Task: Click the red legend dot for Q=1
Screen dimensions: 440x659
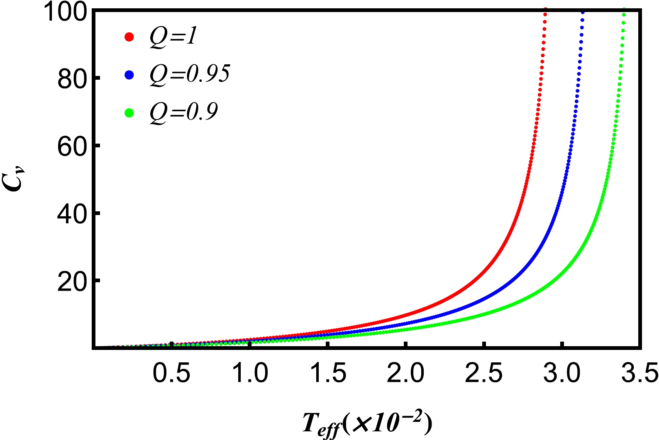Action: coord(129,37)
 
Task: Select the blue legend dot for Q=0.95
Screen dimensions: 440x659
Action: coord(129,75)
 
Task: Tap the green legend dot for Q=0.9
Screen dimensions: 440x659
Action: coord(129,112)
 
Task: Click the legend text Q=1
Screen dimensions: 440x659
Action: coord(173,37)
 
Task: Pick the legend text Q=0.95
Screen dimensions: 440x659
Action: coord(190,75)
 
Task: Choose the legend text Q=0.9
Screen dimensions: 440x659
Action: coord(184,112)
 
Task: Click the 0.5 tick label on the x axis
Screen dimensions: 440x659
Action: coord(171,373)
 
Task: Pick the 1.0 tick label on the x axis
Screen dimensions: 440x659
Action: coord(249,373)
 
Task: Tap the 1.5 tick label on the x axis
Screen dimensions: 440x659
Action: coord(327,373)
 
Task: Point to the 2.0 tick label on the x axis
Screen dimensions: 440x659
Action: coord(405,373)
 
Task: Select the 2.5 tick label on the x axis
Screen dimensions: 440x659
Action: coord(483,373)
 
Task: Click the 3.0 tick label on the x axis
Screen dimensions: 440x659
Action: coord(561,373)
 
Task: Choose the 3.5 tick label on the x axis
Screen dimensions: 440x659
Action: coord(639,373)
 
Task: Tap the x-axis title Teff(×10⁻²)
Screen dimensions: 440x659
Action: coord(367,424)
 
